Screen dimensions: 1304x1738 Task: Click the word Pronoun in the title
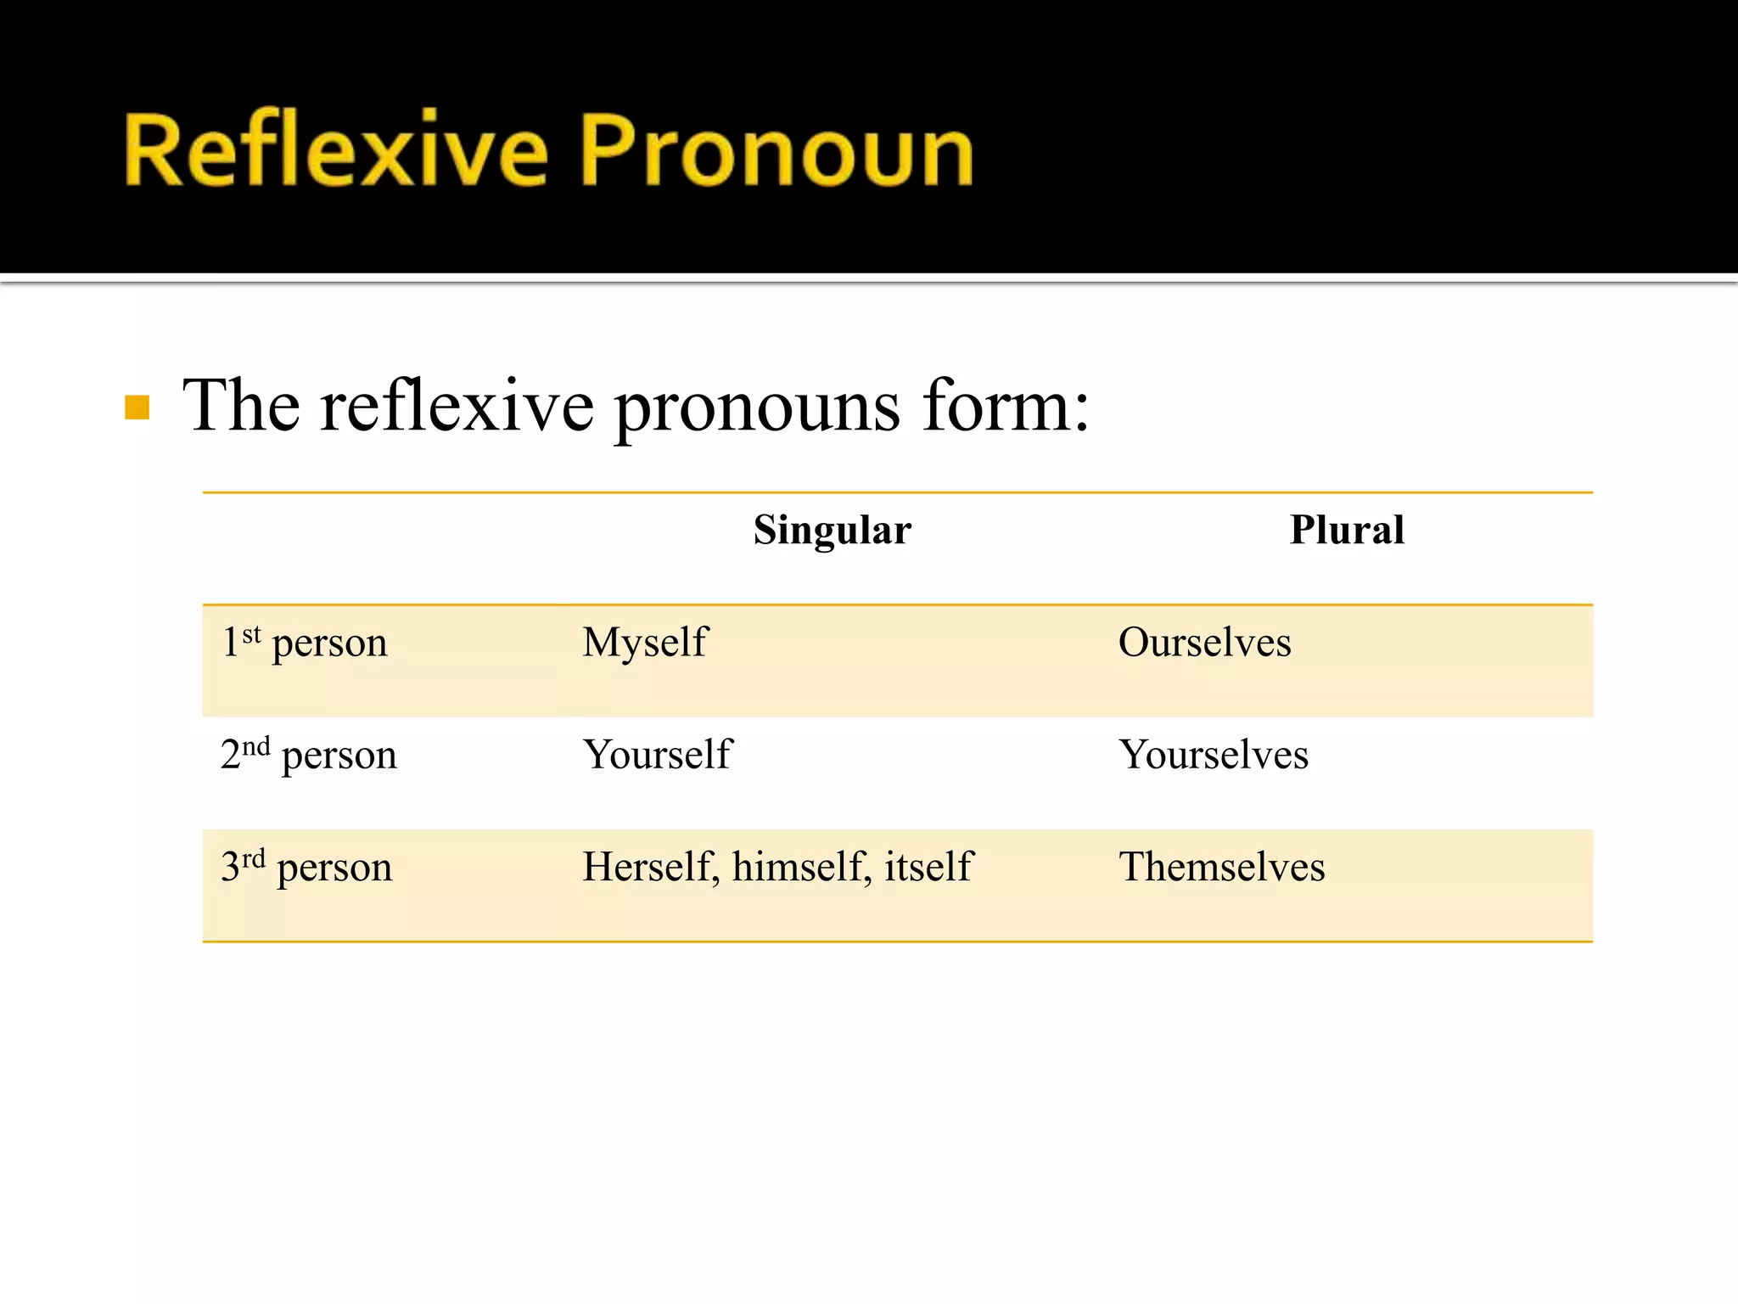click(776, 150)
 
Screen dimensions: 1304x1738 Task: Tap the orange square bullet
click(137, 408)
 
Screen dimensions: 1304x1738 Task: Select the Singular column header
click(833, 531)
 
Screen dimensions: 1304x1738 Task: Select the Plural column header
click(1347, 531)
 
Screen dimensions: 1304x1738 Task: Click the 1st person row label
click(305, 643)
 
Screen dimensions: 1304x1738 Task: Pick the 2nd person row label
click(309, 755)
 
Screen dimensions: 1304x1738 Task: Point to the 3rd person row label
click(306, 867)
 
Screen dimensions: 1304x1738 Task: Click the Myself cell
click(645, 643)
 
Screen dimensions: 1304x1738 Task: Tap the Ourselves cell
click(1204, 643)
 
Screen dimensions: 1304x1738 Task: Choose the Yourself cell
click(657, 755)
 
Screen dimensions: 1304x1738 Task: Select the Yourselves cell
click(1214, 755)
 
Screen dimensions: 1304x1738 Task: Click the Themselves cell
click(1222, 867)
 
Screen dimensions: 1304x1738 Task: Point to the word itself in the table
click(928, 867)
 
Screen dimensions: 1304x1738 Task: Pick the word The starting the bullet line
click(242, 406)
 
